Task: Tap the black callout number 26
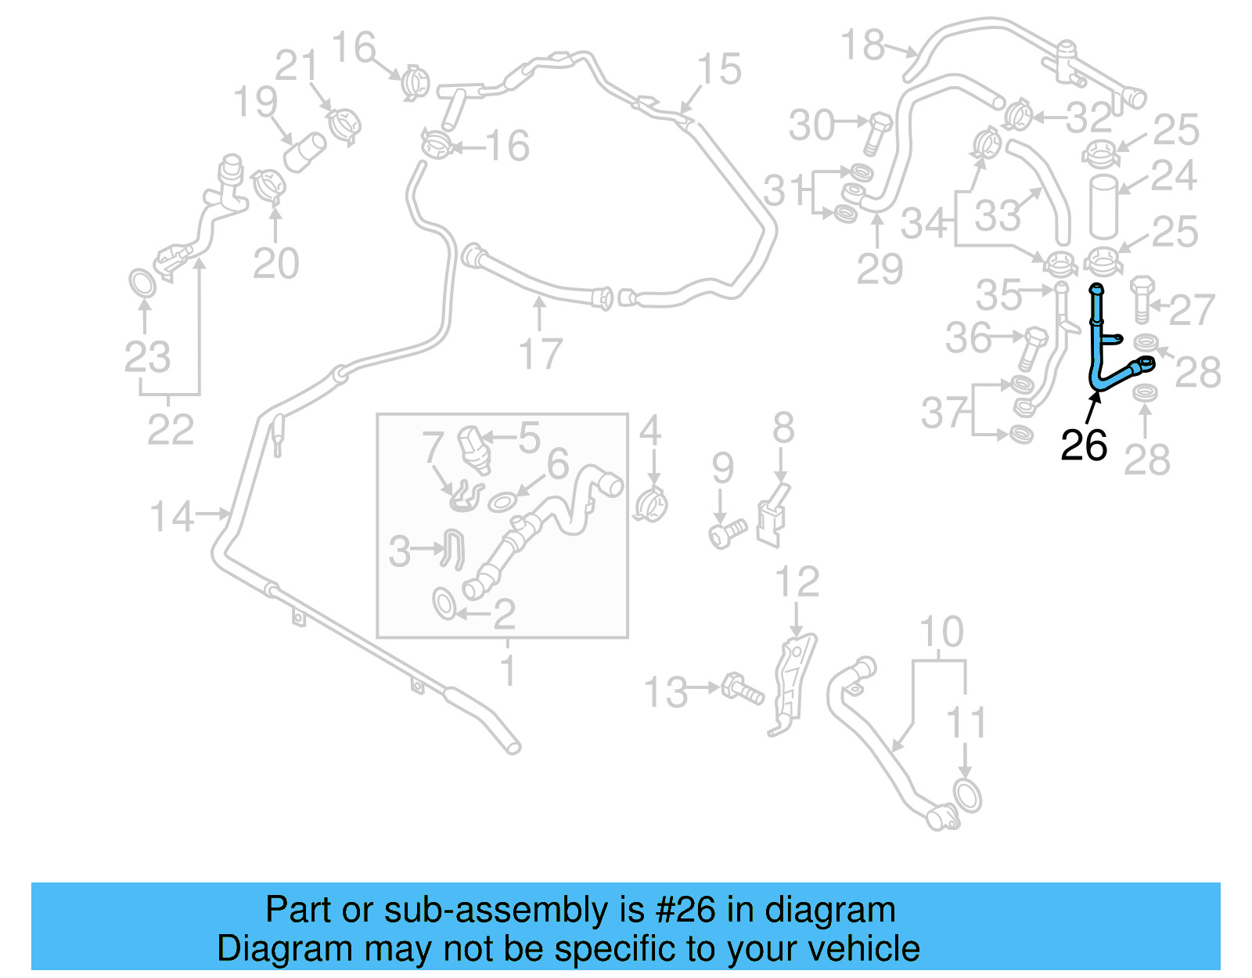point(1083,446)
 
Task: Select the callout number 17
point(541,354)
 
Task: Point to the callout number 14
point(171,517)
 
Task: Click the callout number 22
point(171,430)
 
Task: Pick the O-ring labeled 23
point(142,283)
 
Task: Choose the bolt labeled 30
point(877,133)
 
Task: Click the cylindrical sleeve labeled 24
point(1103,206)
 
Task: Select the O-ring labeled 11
point(968,796)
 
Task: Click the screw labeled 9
point(727,534)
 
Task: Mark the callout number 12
point(797,582)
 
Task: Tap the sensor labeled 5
point(473,449)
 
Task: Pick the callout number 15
point(718,69)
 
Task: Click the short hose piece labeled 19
point(304,152)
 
